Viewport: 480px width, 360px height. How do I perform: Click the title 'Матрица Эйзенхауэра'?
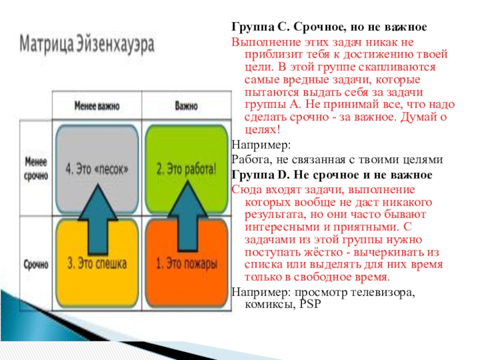[x=88, y=45]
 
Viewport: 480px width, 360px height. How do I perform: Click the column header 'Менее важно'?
[x=96, y=106]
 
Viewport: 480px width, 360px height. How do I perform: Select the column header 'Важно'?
[x=185, y=106]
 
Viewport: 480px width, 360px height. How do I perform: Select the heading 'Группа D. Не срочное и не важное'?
[x=331, y=175]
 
